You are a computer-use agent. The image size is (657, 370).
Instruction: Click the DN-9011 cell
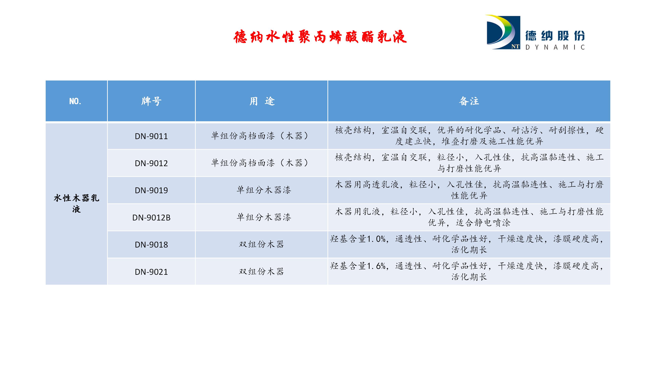151,136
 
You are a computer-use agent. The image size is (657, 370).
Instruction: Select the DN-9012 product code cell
151,163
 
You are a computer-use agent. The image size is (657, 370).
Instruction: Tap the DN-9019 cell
151,190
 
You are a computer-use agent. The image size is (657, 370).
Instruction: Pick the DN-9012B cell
151,218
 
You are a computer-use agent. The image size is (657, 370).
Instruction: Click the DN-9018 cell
151,245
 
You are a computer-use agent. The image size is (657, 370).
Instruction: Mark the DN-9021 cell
151,272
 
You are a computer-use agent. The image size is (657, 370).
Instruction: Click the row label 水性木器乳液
76,203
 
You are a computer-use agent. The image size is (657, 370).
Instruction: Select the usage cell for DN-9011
260,136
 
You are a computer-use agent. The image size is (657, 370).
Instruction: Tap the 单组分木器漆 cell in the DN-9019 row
264,190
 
